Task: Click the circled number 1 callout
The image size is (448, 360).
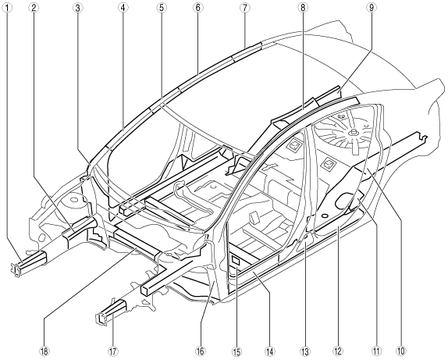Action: coord(6,8)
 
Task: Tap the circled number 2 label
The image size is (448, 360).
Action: coord(34,8)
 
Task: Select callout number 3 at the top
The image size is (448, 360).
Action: coord(77,8)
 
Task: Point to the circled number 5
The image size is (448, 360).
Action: coord(162,8)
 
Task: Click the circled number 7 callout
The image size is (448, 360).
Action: coord(245,8)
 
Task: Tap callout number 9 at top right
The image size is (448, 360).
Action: coord(372,8)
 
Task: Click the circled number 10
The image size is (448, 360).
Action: coord(400,351)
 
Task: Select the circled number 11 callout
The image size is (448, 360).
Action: coord(376,351)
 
